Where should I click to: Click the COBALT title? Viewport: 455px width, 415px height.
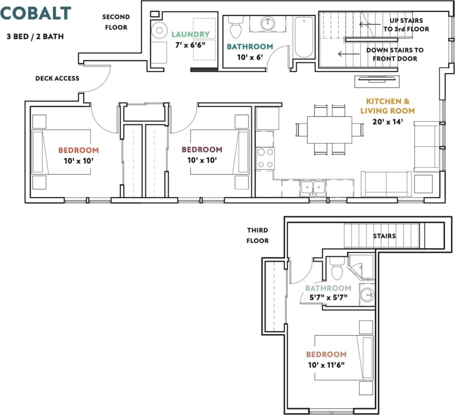tap(36, 13)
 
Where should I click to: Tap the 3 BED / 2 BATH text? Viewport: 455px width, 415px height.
tap(35, 36)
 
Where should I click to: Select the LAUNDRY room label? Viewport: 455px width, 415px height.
tap(190, 34)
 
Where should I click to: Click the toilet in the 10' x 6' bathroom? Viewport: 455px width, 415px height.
tap(235, 28)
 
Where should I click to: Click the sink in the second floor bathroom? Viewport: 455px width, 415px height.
tap(268, 23)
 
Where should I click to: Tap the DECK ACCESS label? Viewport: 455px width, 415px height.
tap(57, 78)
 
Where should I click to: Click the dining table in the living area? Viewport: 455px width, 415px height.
tap(329, 130)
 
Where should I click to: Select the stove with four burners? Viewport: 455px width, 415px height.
tap(265, 158)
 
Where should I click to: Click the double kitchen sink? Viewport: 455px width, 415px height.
tap(313, 188)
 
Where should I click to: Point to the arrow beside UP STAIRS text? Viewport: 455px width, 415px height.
tap(367, 24)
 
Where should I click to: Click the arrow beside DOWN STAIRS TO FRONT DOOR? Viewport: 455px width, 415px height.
tap(346, 54)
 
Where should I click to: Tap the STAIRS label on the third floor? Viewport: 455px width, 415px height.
tap(384, 236)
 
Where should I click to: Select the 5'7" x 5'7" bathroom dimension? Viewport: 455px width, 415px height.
tap(328, 297)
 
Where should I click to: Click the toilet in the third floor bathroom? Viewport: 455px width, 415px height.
tap(337, 269)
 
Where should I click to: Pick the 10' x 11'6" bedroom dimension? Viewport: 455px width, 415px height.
tap(326, 364)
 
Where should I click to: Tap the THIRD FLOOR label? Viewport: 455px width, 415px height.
tap(257, 236)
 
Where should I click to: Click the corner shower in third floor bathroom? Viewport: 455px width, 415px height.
tap(361, 266)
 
